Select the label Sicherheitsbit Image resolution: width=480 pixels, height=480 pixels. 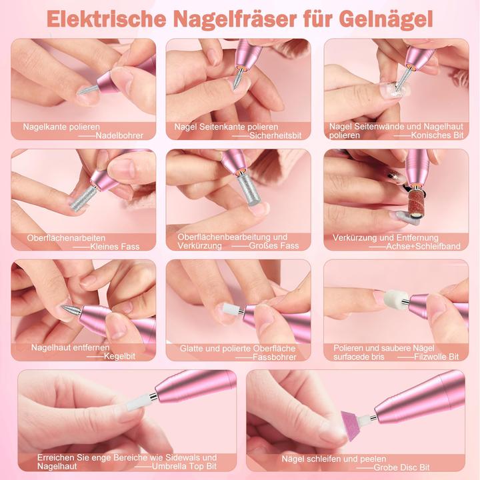pos(276,135)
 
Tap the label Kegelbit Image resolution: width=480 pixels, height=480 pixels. pos(120,356)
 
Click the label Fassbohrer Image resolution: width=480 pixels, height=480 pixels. pos(272,357)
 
